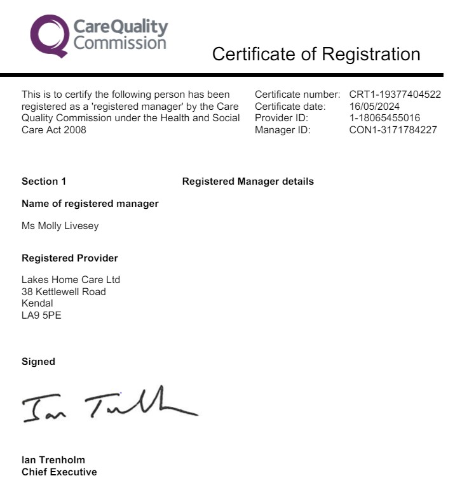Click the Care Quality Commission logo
[x=99, y=36]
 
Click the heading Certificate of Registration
[x=316, y=54]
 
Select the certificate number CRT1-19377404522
[x=395, y=95]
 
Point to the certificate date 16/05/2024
[x=374, y=107]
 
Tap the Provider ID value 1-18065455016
[x=384, y=118]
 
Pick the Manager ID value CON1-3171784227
[x=393, y=130]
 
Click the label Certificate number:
[x=297, y=95]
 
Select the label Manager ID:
[x=282, y=130]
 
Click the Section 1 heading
[x=44, y=182]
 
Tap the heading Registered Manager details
[x=248, y=182]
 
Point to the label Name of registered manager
[x=90, y=204]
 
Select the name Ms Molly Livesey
[x=60, y=226]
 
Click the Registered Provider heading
[x=70, y=258]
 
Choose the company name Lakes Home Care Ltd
[x=71, y=280]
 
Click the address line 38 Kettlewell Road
[x=64, y=292]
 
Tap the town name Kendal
[x=37, y=303]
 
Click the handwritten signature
[x=108, y=404]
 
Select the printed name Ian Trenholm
[x=53, y=460]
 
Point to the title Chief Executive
[x=59, y=472]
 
